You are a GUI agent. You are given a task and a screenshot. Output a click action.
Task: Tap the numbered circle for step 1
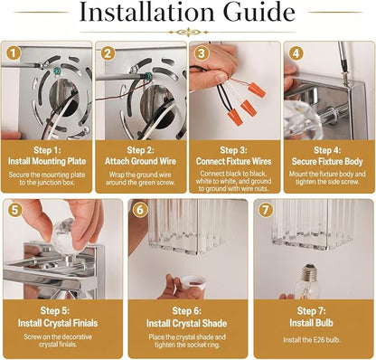coord(14,53)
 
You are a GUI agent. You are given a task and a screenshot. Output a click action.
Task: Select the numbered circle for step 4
coord(296,53)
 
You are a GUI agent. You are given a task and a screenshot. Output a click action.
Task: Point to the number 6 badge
coord(140,210)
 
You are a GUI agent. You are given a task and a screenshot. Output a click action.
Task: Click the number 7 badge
coord(266,210)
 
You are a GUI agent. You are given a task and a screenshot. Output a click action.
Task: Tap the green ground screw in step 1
coord(57,71)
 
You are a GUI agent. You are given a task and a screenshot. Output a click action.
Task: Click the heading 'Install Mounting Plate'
coord(47,161)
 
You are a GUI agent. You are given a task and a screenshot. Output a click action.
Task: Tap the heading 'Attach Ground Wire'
coord(140,161)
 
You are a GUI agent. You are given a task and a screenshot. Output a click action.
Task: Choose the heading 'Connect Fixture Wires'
coord(234,161)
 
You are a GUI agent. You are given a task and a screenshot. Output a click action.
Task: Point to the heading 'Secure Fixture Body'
coord(327,161)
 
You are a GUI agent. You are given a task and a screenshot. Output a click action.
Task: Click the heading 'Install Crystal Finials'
coord(58,323)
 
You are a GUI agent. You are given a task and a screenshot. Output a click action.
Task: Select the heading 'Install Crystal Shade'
coord(187,324)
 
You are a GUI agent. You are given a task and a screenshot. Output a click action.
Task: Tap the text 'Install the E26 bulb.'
coord(312,340)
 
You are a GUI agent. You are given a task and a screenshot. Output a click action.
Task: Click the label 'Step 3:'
coord(233,150)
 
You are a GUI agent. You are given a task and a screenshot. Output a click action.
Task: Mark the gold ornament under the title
coord(189,32)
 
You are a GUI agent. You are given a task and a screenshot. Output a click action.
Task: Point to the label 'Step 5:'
coord(55,310)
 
